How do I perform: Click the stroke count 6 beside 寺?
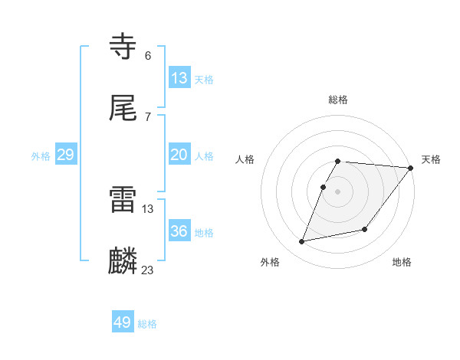pos(148,55)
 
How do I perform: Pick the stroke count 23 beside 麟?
pos(148,270)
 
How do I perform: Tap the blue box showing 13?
pos(179,78)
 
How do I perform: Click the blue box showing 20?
pos(179,155)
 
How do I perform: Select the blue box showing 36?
pos(179,231)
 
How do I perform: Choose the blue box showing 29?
pos(65,155)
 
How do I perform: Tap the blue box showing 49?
pos(123,322)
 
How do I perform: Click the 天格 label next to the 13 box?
pos(204,80)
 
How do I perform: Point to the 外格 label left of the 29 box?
pos(41,156)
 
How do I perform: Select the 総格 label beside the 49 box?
pos(147,324)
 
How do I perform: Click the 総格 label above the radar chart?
pos(338,100)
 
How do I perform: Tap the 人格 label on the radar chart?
pos(245,159)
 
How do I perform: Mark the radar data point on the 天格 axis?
pos(411,168)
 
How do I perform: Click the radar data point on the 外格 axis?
pos(302,241)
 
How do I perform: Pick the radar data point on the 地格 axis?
pos(365,229)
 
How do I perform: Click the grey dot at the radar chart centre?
pos(338,191)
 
